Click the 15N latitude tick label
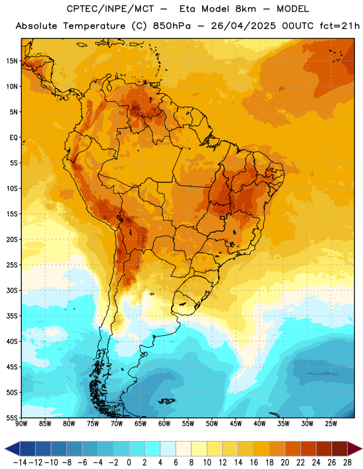point(12,61)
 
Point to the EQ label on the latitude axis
point(14,138)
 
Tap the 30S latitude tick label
point(12,290)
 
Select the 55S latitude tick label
point(12,417)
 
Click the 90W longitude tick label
point(22,424)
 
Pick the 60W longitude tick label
point(164,424)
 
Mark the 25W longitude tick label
point(331,424)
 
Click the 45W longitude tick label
point(236,424)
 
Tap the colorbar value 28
point(347,463)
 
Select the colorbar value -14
point(20,463)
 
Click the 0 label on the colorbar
point(129,463)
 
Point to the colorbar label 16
point(254,463)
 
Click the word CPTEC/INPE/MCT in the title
point(110,9)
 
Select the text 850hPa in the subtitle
point(172,26)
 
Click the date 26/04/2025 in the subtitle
point(243,26)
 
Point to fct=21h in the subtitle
point(340,26)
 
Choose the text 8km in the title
point(246,9)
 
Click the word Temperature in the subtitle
point(94,26)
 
